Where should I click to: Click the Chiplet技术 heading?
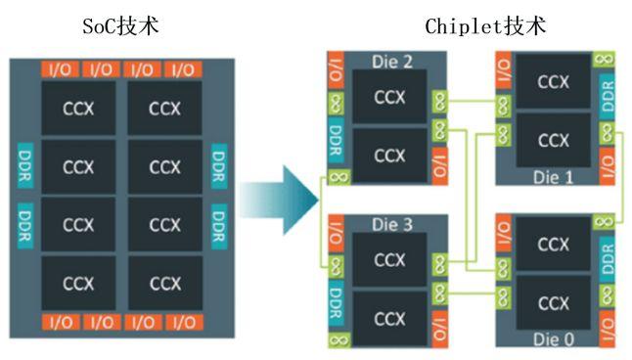click(x=485, y=26)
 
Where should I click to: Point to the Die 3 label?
click(x=392, y=225)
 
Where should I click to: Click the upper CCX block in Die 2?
click(x=389, y=97)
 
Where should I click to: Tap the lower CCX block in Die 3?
click(x=389, y=319)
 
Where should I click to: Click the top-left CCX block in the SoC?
click(x=79, y=109)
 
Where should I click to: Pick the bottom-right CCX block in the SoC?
click(x=163, y=284)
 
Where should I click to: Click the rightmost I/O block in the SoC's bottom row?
click(x=184, y=322)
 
